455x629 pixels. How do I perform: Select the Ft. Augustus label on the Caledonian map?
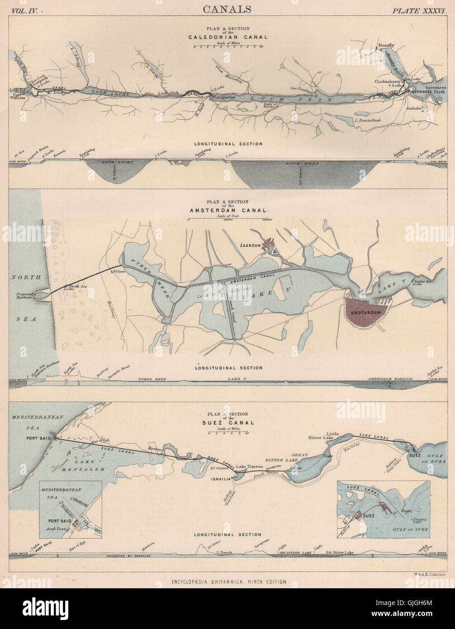tap(221, 98)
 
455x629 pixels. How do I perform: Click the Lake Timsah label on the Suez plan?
tap(248, 467)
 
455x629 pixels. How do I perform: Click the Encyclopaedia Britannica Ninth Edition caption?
tap(227, 582)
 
